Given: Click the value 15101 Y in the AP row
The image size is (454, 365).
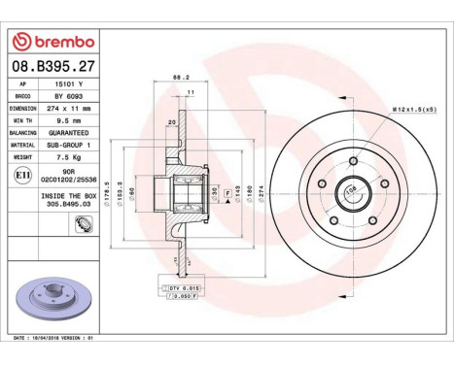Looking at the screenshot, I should point(68,84).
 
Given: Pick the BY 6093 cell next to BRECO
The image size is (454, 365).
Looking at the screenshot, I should point(68,97).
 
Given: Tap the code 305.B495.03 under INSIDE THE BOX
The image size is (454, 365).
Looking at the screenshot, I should point(68,205).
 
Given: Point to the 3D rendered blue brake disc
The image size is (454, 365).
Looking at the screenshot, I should point(53,296).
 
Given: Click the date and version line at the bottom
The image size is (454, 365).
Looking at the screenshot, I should point(62,337).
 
